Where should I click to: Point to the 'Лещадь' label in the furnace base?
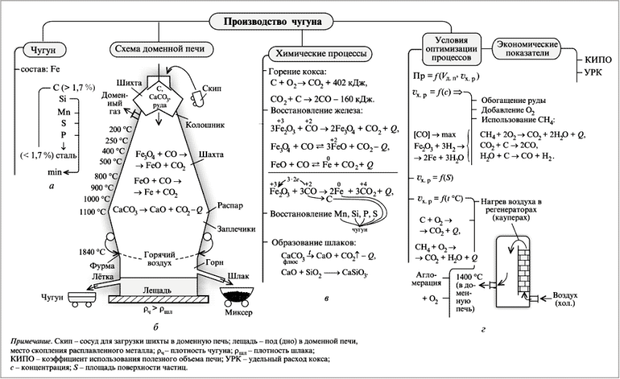[x=158, y=289]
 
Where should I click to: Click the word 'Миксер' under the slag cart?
[x=238, y=313]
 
